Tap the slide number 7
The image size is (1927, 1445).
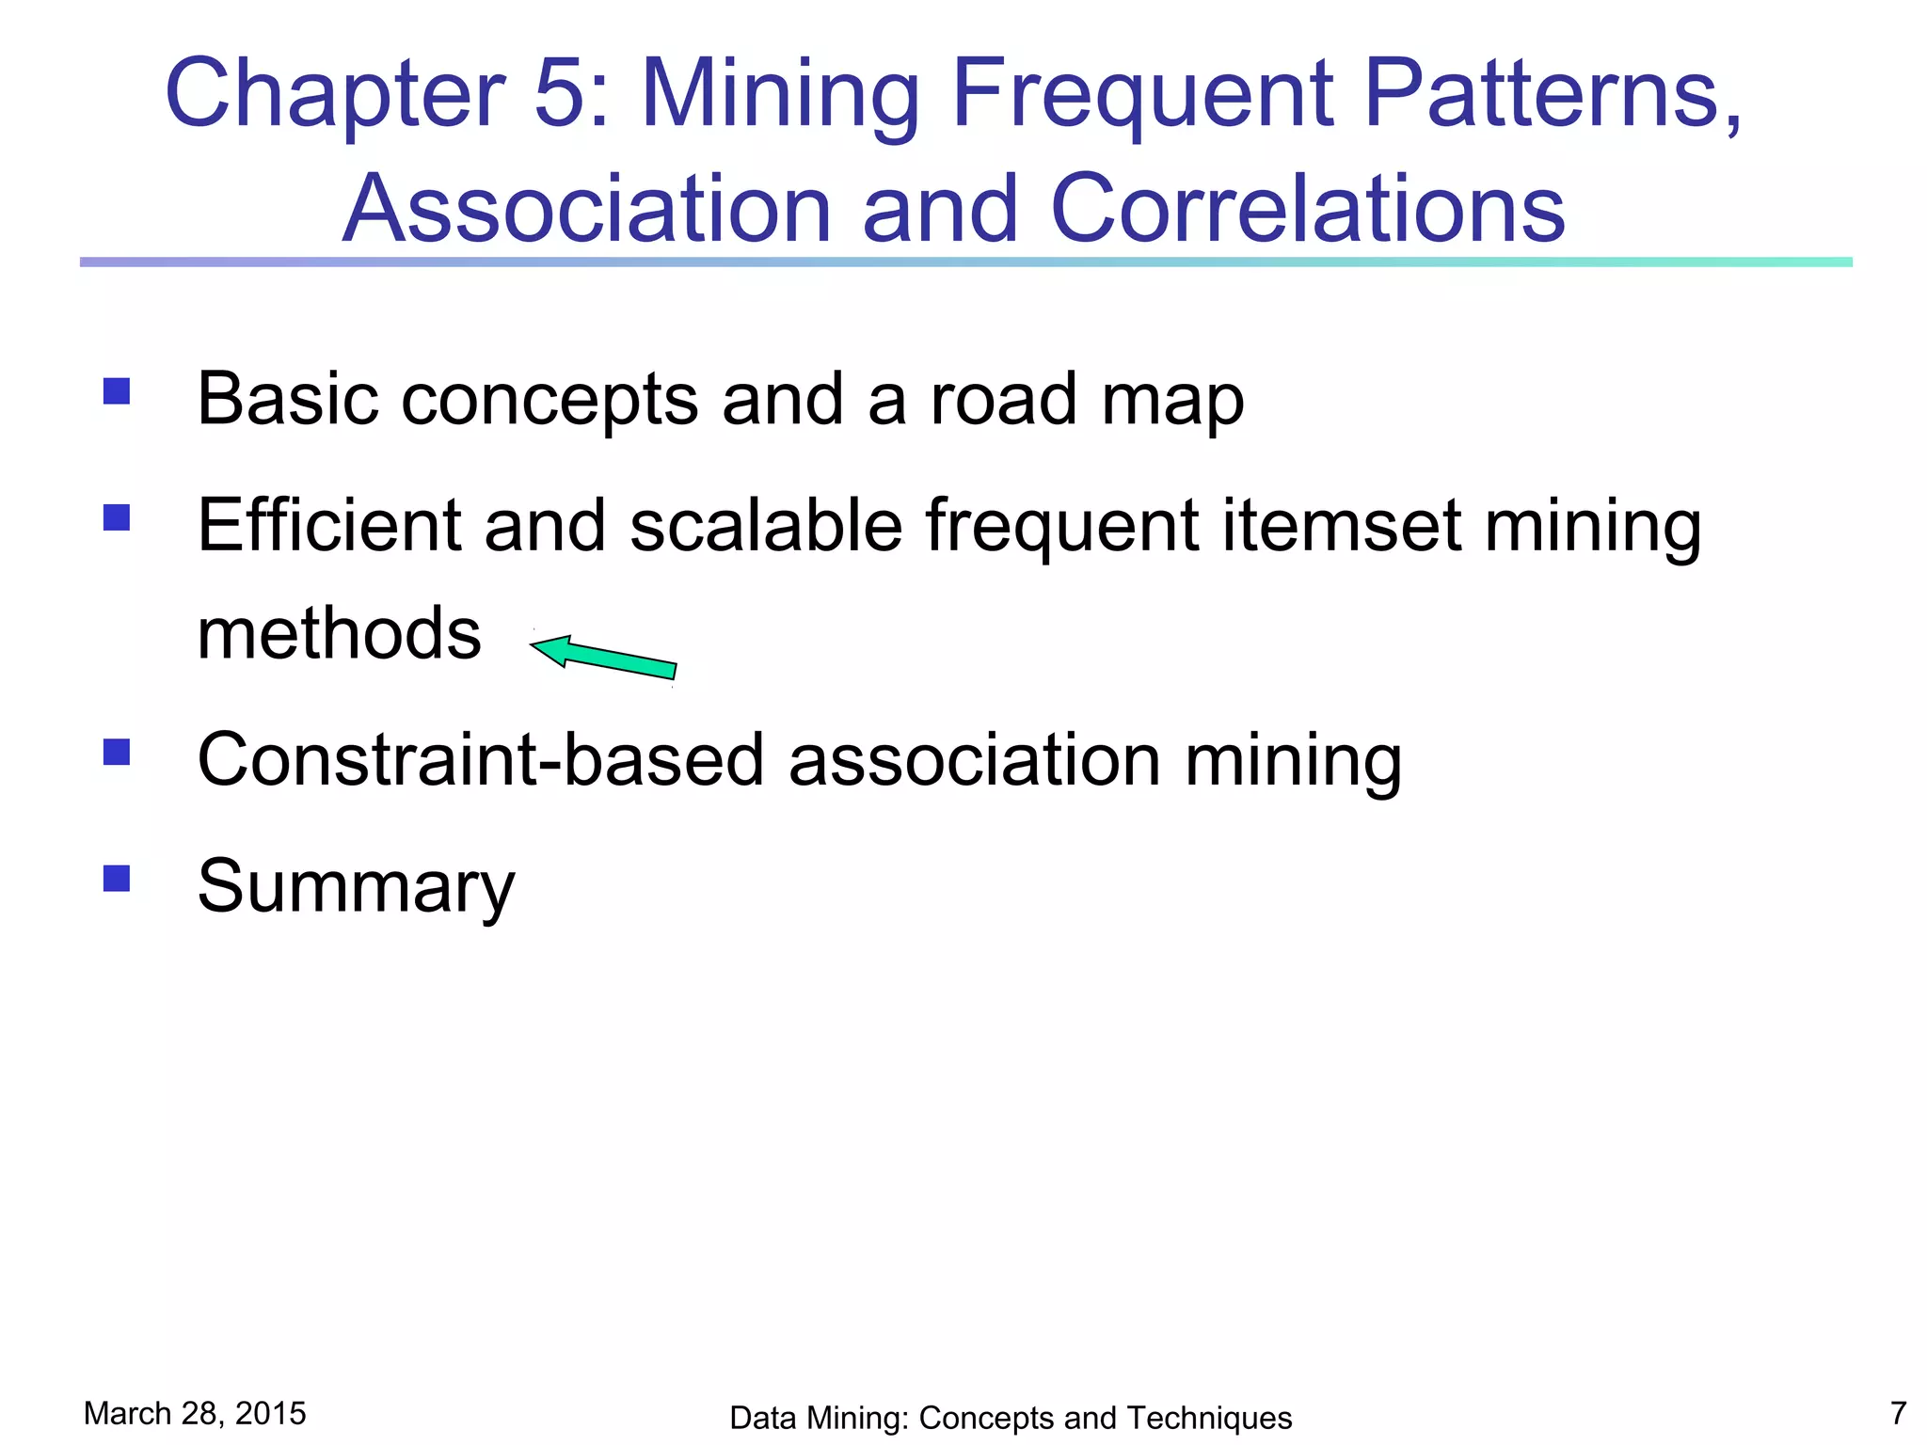point(1898,1413)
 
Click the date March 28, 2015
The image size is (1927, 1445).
point(195,1413)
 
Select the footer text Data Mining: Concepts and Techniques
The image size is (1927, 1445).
point(1011,1418)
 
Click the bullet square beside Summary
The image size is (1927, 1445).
point(117,878)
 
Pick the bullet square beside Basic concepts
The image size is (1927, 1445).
point(117,391)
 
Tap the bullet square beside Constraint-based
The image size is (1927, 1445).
point(117,752)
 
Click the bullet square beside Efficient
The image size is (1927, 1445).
point(117,518)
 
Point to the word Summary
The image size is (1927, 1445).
point(356,887)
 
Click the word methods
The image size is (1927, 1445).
point(339,633)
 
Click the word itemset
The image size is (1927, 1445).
point(1342,525)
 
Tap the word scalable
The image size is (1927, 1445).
point(766,525)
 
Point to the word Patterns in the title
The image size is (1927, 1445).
point(1552,94)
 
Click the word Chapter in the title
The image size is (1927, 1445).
point(335,94)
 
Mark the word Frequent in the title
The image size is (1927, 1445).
point(1142,94)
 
